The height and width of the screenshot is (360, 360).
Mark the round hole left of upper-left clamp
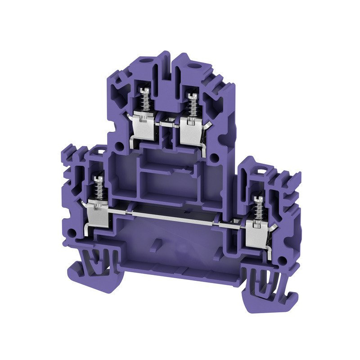pos(120,147)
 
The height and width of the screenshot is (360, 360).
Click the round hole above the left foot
pos(76,226)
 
